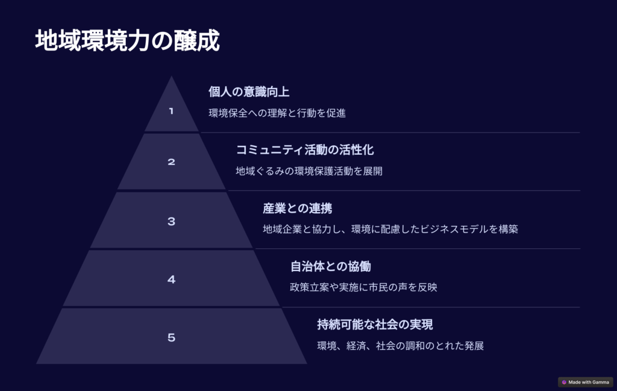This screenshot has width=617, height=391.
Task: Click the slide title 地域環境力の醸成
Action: pyautogui.click(x=127, y=40)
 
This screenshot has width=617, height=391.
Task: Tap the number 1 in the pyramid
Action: pyautogui.click(x=171, y=111)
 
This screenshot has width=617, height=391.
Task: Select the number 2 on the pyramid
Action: pyautogui.click(x=171, y=161)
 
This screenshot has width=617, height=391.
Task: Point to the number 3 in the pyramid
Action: pyautogui.click(x=171, y=222)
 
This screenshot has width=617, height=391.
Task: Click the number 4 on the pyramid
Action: pyautogui.click(x=171, y=280)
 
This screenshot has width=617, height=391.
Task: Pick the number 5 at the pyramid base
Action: pyautogui.click(x=171, y=337)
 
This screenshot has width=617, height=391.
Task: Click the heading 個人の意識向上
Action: pyautogui.click(x=249, y=92)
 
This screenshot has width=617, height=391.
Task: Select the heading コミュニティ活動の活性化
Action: pyautogui.click(x=304, y=150)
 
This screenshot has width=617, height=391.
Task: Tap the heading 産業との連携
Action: pyautogui.click(x=297, y=208)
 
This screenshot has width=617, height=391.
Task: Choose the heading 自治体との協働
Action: pyautogui.click(x=331, y=266)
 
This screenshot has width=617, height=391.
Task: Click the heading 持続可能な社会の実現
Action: pyautogui.click(x=375, y=325)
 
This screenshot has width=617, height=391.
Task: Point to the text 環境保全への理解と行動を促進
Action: pyautogui.click(x=277, y=113)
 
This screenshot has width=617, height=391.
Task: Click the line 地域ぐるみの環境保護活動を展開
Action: pyautogui.click(x=309, y=171)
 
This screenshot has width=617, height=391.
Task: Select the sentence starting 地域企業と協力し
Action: pyautogui.click(x=390, y=229)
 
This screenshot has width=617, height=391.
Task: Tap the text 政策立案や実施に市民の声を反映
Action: pyautogui.click(x=363, y=287)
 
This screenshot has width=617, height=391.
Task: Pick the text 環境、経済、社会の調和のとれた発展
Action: pyautogui.click(x=400, y=346)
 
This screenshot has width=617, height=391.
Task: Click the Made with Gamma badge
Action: pyautogui.click(x=585, y=382)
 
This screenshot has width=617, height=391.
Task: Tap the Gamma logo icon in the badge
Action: pyautogui.click(x=564, y=382)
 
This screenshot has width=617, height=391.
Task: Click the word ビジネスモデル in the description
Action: pyautogui.click(x=454, y=229)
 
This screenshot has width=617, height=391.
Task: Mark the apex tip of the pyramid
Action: pyautogui.click(x=171, y=76)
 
